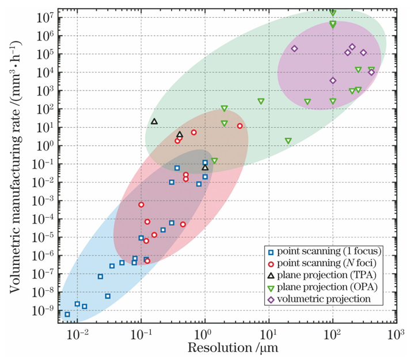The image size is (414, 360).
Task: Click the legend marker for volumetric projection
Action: (x=271, y=300)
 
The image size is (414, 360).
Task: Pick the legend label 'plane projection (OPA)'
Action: (x=323, y=288)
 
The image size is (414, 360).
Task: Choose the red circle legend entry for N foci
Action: (x=271, y=264)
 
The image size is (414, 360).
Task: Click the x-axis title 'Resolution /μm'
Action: (x=226, y=348)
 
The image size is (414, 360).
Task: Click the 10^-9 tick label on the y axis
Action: (x=44, y=311)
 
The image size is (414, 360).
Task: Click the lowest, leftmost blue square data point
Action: (x=67, y=314)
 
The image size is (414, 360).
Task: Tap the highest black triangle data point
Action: (x=154, y=122)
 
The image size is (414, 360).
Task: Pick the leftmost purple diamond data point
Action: (x=294, y=49)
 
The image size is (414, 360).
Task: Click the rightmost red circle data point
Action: (x=240, y=126)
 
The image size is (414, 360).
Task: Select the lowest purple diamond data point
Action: (x=333, y=81)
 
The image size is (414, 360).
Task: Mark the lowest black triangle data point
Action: (x=205, y=168)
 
